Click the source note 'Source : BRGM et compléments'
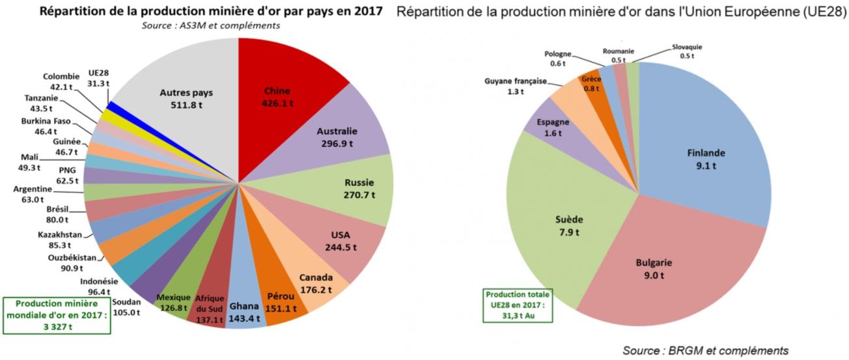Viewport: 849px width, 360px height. click(705, 351)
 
